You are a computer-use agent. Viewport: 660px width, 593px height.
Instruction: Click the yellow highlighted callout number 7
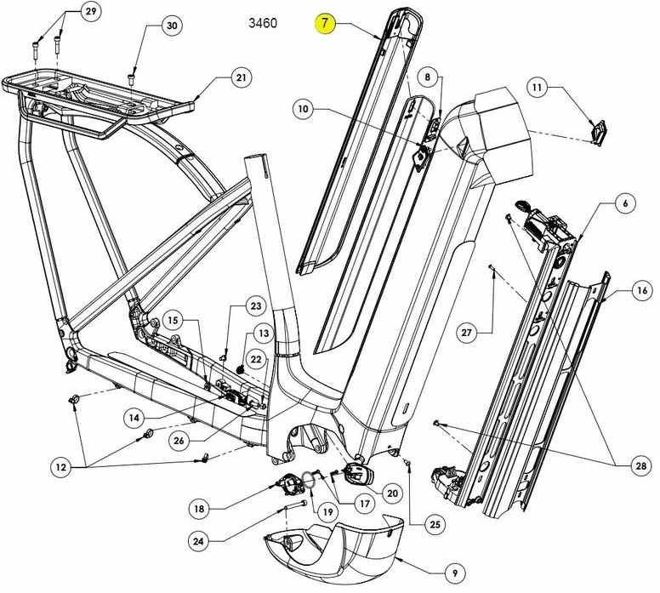point(327,23)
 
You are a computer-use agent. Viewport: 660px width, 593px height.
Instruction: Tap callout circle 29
point(90,11)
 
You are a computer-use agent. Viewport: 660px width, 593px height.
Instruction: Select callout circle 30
point(172,26)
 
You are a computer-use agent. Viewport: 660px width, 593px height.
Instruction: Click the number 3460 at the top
point(262,22)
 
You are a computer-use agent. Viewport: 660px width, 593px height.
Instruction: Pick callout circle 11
point(538,87)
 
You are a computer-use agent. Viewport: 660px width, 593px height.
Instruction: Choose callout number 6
point(625,203)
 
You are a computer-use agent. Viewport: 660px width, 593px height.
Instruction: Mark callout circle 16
point(643,291)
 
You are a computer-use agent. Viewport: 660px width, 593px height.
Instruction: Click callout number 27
point(466,330)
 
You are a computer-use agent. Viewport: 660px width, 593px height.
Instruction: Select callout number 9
point(454,572)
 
